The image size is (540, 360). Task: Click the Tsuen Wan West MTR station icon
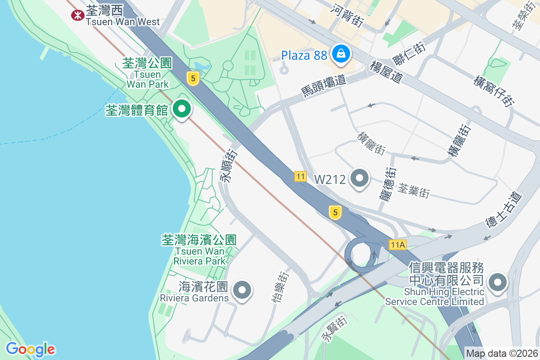coord(78,15)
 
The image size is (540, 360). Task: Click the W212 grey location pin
coord(359,179)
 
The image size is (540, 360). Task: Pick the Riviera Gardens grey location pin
coord(243,290)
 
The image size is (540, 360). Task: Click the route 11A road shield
coord(398,245)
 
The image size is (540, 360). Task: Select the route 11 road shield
coord(301,176)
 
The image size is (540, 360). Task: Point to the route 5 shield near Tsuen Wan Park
coord(193,79)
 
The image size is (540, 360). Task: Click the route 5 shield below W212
coord(335,212)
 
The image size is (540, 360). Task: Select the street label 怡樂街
coord(279,287)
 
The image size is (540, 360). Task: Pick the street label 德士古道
coord(504,210)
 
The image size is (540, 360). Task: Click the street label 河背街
coord(346,15)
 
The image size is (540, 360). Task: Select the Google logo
coord(30,349)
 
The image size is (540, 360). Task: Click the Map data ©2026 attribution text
coord(502,354)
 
